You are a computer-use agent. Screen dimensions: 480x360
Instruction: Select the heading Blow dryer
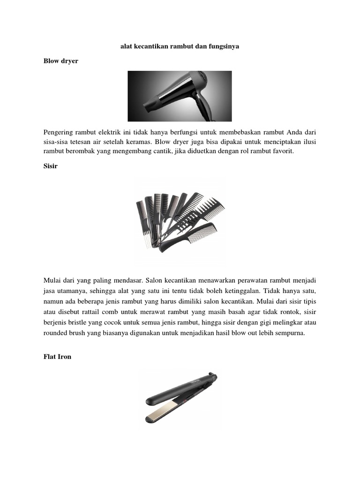click(61, 61)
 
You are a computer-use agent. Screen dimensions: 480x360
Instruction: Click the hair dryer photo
click(180, 96)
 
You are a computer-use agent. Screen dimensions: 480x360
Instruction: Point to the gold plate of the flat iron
click(161, 414)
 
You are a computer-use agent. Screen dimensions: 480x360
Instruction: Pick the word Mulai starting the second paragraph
click(52, 280)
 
